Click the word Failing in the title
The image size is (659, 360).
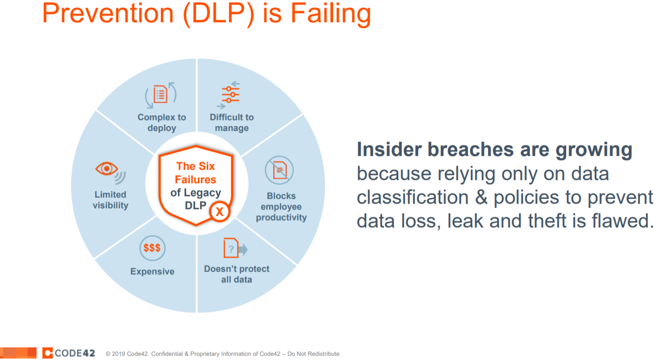coord(331,13)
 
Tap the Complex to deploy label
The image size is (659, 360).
coord(162,123)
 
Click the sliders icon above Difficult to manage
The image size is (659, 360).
coord(230,94)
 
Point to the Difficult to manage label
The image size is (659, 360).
coord(232,123)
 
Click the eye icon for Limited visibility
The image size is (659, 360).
coord(107,169)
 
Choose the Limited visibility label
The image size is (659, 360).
coord(110,200)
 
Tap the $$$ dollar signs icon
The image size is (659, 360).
coord(152,248)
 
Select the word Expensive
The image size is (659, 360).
coord(152,272)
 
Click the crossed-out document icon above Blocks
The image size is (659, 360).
coord(279,170)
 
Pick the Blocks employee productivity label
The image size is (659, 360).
coord(281,207)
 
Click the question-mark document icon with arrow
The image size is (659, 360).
coord(234,249)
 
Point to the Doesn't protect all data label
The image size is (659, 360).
coord(237,274)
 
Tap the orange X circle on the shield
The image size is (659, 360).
coord(219,212)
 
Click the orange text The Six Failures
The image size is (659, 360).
coord(196,173)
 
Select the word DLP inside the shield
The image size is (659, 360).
coord(196,205)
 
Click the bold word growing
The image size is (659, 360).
coord(594,150)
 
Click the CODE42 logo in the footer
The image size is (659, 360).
coord(69,353)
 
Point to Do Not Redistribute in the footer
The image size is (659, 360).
coord(313,354)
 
